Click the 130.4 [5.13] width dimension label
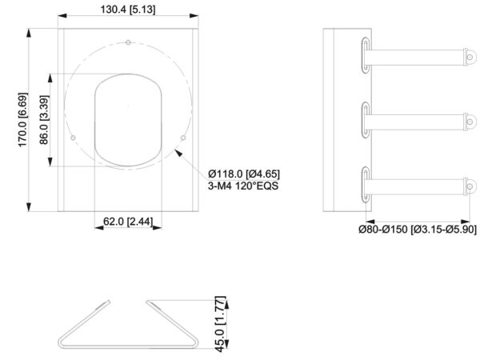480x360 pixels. (128, 10)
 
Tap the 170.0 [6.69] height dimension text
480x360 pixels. (23, 120)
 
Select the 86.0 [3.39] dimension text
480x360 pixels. (44, 120)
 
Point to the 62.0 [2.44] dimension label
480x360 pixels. (128, 221)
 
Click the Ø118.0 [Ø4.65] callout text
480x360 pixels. (244, 174)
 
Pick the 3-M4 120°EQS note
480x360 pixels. (243, 186)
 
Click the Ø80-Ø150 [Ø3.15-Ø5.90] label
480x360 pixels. (418, 229)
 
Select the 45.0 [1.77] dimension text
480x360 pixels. (221, 324)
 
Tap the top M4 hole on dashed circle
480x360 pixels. (128, 42)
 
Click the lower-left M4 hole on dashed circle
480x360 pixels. (73, 138)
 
